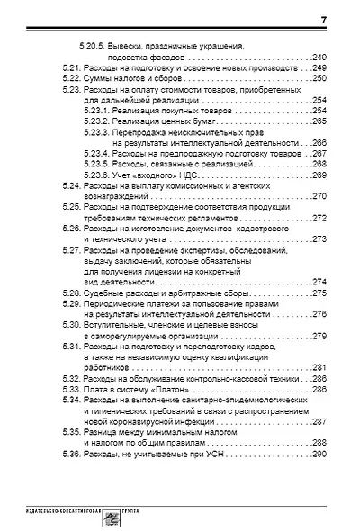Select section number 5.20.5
click(x=91, y=44)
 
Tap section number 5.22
click(x=66, y=79)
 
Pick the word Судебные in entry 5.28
click(x=102, y=293)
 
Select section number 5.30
click(x=66, y=325)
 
